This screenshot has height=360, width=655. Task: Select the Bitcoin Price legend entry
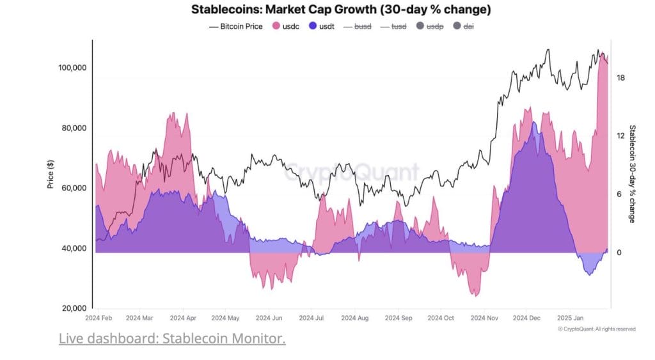236,26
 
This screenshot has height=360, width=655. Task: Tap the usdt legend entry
324,26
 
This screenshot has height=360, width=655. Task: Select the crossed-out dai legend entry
464,26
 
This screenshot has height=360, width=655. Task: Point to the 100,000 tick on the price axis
72,68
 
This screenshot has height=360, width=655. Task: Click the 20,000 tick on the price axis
74,308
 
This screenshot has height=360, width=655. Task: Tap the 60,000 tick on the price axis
74,188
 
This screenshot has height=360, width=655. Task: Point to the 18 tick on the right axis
620,77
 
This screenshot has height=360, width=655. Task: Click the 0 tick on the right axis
619,253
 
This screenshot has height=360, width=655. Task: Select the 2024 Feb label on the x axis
99,317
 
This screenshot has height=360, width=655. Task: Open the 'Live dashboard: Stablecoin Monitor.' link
172,338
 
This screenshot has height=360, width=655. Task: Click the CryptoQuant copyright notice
596,329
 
